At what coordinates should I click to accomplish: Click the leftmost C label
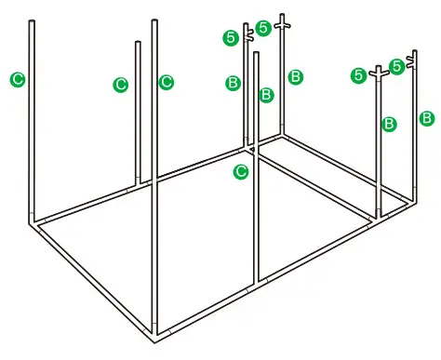coord(17,79)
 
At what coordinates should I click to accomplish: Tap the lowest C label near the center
coord(240,171)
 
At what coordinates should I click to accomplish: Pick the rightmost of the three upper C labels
coord(166,82)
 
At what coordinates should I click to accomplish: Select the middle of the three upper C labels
coord(120,85)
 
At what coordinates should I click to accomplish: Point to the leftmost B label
coord(233,83)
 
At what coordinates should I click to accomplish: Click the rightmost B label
coord(426,118)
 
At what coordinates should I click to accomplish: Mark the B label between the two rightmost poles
coord(389,123)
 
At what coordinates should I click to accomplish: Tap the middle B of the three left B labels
coord(265,94)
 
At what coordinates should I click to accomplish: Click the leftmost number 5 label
coord(231,37)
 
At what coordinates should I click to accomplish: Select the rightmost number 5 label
coord(396,65)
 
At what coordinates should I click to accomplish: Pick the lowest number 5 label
coord(359,75)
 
